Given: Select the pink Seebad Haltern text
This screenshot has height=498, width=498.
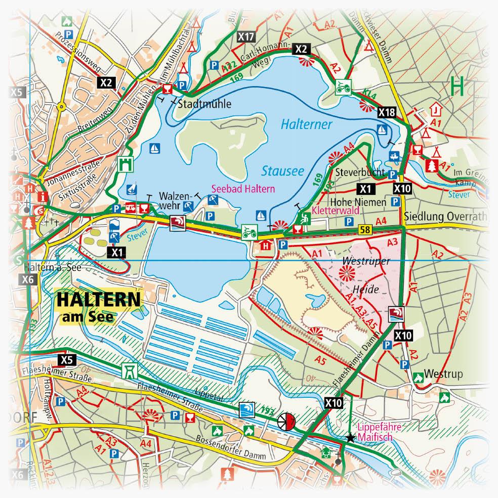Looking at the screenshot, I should coord(243,188).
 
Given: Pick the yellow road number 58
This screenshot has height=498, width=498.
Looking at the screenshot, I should coord(364,230).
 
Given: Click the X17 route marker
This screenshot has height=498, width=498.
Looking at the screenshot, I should coord(245,36).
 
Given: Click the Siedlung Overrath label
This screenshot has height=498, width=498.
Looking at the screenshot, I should coord(446,217).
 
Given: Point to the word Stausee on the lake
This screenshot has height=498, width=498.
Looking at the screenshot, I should coord(283,171).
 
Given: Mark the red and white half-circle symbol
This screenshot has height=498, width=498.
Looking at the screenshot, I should coord(286,421).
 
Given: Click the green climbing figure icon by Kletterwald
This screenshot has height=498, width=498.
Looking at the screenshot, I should coord(305,219).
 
